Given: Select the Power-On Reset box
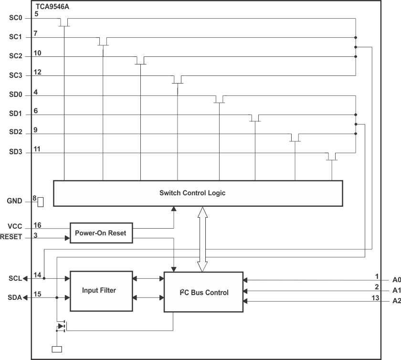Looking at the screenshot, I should click(x=101, y=233).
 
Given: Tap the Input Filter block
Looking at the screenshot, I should click(x=101, y=290).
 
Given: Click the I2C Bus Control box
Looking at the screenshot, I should click(x=203, y=292).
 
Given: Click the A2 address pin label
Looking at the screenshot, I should click(x=396, y=301).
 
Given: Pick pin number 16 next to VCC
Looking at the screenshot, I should click(x=38, y=224).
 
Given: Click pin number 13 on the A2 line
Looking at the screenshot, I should click(x=375, y=298).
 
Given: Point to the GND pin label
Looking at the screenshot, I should click(x=15, y=201).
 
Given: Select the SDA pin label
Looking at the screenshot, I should click(x=15, y=297).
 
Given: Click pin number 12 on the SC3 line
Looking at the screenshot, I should click(x=38, y=72).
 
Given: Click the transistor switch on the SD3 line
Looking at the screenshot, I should click(x=332, y=157).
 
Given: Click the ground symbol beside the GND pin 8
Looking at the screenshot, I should click(x=41, y=202).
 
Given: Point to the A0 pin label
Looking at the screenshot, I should click(x=396, y=280).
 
